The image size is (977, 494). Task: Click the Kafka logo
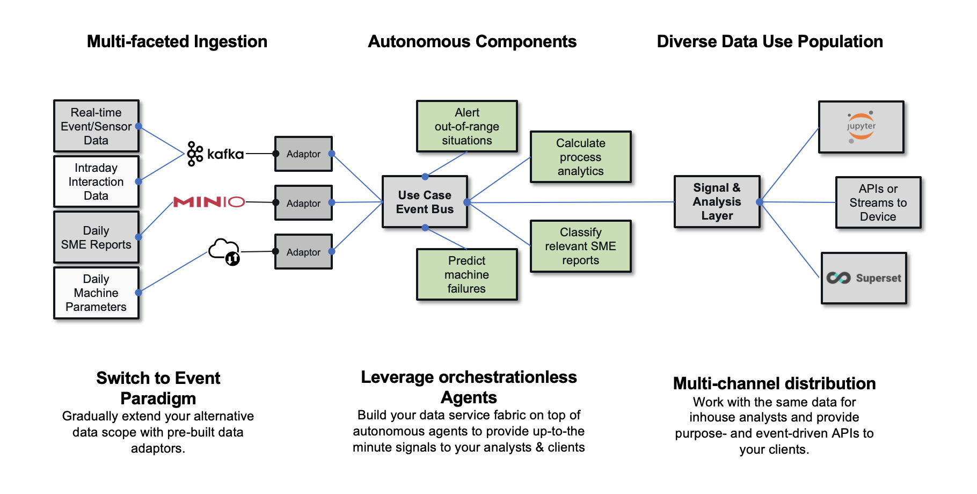tap(215, 154)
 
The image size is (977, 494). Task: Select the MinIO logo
tap(209, 202)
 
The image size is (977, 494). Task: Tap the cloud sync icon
tap(224, 251)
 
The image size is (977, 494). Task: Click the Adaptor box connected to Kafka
tap(303, 154)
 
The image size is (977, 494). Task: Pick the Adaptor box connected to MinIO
tap(303, 203)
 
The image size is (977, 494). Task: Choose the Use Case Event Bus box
tap(425, 202)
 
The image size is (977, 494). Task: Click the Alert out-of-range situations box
tap(466, 126)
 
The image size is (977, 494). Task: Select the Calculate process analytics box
tap(580, 157)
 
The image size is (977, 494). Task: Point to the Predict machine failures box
tap(466, 274)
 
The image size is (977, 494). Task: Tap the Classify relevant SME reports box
tap(580, 246)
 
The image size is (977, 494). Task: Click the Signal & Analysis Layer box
tap(717, 201)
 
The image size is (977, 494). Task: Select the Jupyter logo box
tap(861, 127)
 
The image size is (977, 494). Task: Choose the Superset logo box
tap(864, 278)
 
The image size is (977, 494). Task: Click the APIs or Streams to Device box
tap(878, 202)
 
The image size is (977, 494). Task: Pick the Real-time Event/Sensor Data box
tap(96, 126)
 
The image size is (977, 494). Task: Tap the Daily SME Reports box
tap(96, 237)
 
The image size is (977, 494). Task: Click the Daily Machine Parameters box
tap(96, 293)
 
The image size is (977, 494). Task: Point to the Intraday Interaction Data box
tap(96, 181)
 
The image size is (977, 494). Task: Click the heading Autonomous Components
tap(472, 41)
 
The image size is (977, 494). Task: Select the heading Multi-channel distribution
tap(774, 383)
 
